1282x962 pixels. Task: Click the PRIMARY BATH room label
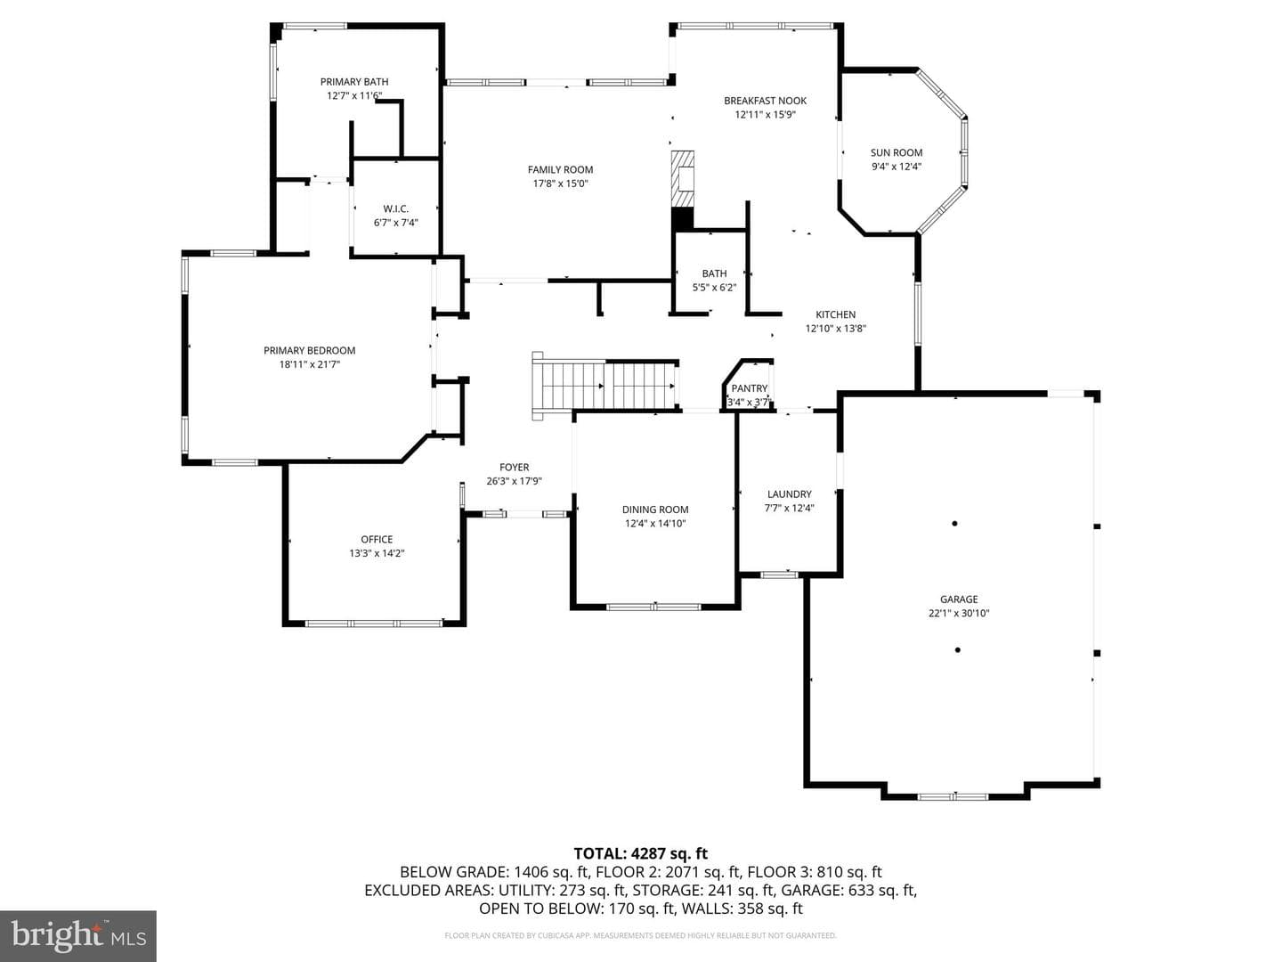coord(354,82)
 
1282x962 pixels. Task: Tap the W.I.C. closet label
coord(395,208)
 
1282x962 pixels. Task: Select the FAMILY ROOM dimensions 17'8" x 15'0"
coord(560,183)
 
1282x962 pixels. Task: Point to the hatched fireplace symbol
coord(682,179)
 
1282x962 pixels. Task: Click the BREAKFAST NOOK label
coord(765,101)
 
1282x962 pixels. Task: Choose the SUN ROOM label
coord(897,152)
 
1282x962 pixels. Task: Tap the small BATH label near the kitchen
coord(714,273)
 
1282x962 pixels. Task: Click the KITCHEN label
coord(835,314)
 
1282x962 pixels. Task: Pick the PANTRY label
coord(750,388)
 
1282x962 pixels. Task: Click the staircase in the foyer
coord(605,386)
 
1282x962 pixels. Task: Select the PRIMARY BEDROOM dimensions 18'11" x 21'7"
coord(310,364)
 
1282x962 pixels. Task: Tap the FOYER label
coord(514,468)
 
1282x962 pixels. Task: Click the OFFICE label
coord(377,539)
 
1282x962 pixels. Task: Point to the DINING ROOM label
coord(655,510)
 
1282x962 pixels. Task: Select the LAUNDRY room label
coord(790,494)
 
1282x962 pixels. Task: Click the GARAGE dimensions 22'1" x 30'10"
coord(959,614)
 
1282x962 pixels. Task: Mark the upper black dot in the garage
coord(954,524)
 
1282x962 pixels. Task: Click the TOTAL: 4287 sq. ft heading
coord(641,853)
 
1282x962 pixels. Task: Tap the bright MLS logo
coord(78,935)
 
